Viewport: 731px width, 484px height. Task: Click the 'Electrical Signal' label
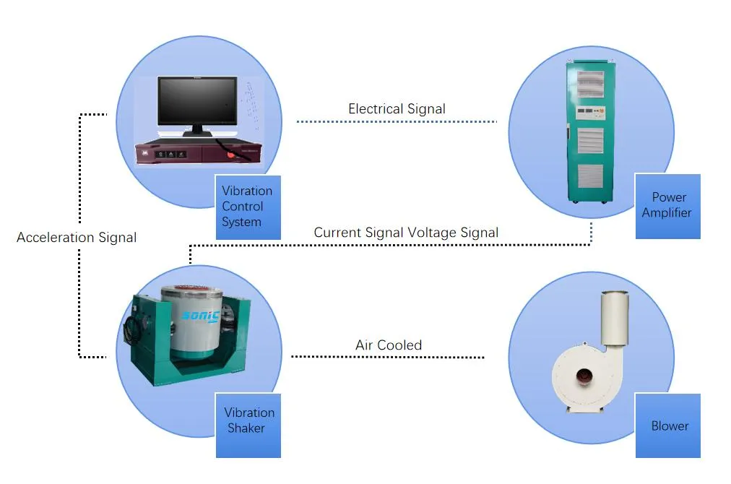pyautogui.click(x=397, y=109)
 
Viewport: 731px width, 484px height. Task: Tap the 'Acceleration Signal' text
pyautogui.click(x=77, y=237)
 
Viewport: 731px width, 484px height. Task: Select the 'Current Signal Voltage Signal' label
pyautogui.click(x=406, y=233)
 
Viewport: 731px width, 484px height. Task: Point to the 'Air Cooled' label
pyautogui.click(x=389, y=345)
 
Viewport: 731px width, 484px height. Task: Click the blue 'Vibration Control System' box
pyautogui.click(x=248, y=207)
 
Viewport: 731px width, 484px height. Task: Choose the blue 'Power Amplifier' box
pyautogui.click(x=667, y=206)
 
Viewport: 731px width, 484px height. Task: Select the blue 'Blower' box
pyautogui.click(x=667, y=425)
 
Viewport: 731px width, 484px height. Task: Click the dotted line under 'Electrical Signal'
pyautogui.click(x=397, y=121)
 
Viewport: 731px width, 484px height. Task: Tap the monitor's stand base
pyautogui.click(x=197, y=134)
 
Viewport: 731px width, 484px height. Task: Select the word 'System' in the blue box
pyautogui.click(x=241, y=222)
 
